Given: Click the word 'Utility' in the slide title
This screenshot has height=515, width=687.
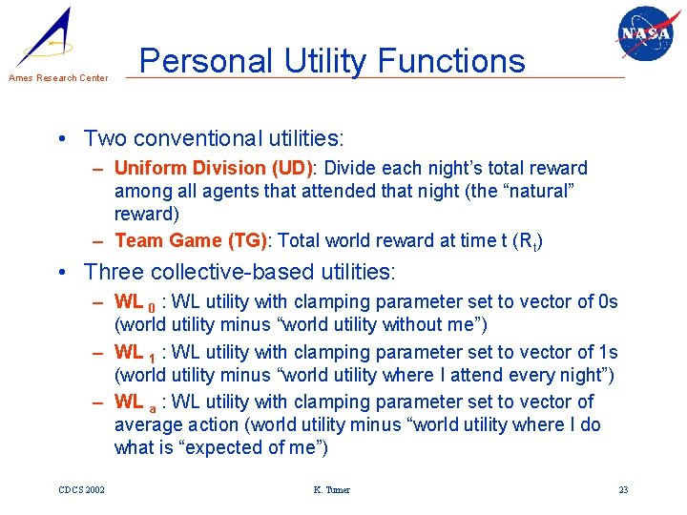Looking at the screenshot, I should (x=322, y=61).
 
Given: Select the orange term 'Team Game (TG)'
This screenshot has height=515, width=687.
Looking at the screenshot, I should (x=190, y=240).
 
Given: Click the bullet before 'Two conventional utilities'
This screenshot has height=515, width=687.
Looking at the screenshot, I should (x=62, y=138).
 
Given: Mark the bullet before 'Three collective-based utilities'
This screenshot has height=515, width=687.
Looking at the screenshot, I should (x=62, y=272).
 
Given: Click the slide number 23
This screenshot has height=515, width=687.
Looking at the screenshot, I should (x=623, y=490).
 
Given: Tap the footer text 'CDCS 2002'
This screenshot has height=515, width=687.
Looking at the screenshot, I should (x=81, y=490).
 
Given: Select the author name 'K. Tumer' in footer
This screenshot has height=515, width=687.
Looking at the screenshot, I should (x=331, y=490).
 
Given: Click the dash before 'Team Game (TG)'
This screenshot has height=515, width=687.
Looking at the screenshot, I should (x=99, y=240).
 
